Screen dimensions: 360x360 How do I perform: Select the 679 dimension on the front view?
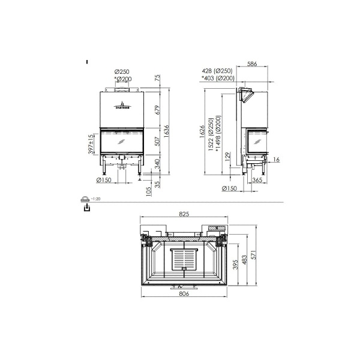[157, 110]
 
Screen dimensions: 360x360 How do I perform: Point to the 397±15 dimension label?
[91, 144]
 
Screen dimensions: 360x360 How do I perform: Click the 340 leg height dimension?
[157, 165]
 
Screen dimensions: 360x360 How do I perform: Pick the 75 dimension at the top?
[157, 78]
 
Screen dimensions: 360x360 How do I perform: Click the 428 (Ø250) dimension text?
[218, 71]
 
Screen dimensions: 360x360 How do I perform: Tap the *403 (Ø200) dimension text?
[217, 78]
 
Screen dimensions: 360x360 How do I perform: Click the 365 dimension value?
[256, 180]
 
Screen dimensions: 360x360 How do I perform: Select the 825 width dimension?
[184, 214]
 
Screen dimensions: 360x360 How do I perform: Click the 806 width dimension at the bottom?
[184, 294]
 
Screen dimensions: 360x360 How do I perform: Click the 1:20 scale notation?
[96, 199]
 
